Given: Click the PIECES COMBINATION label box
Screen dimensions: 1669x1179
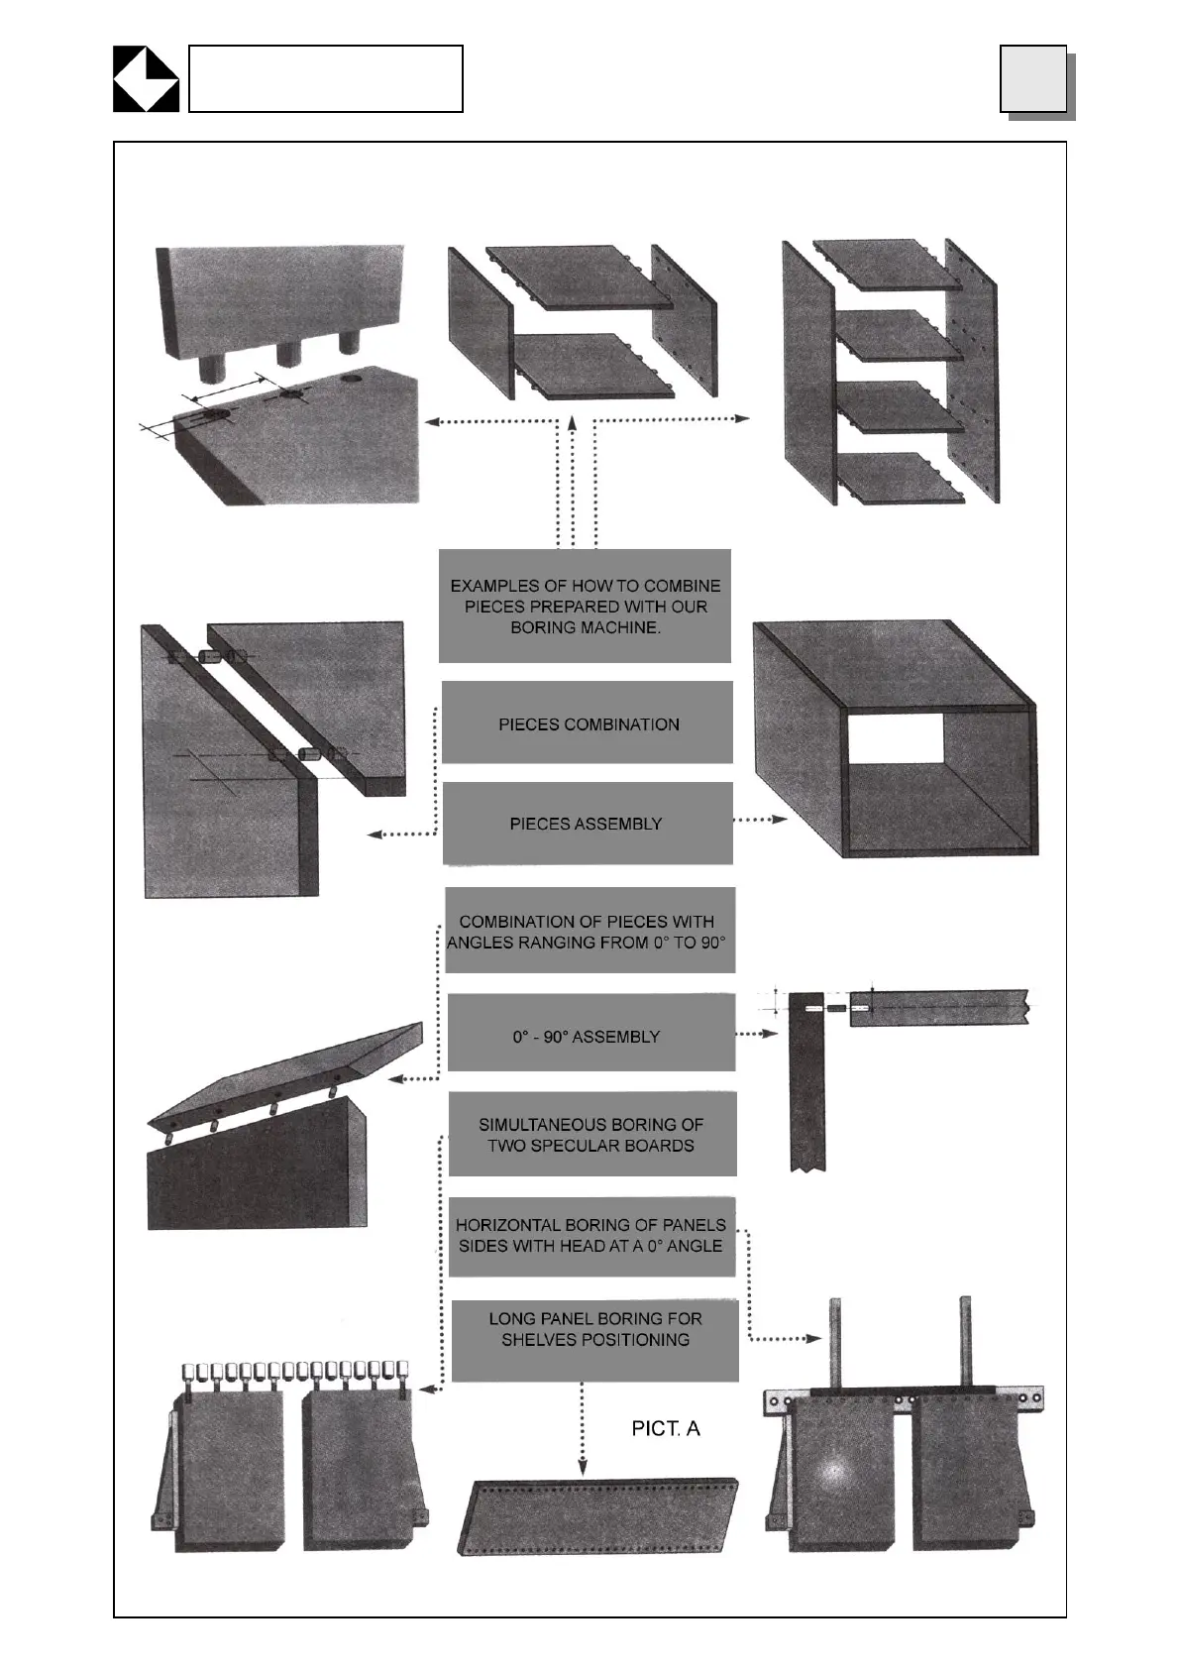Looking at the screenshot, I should click(588, 723).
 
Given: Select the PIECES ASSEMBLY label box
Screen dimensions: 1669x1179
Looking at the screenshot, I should click(588, 824).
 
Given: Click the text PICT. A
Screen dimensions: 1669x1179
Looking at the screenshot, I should click(666, 1428).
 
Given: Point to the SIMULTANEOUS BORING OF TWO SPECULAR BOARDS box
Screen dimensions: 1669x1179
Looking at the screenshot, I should click(591, 1135).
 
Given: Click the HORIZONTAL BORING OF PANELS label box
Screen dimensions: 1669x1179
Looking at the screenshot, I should click(591, 1236).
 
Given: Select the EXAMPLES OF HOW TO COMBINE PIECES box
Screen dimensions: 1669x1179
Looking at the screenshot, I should click(585, 606).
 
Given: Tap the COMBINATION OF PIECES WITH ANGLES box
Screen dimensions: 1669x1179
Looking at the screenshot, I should click(589, 931).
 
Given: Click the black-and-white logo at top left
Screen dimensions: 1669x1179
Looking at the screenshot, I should click(146, 78).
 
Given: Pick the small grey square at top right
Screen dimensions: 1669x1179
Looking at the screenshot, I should click(1033, 78).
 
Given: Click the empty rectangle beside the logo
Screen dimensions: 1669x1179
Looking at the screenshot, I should click(325, 78).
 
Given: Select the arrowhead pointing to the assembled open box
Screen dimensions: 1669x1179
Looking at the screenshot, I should click(780, 820).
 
